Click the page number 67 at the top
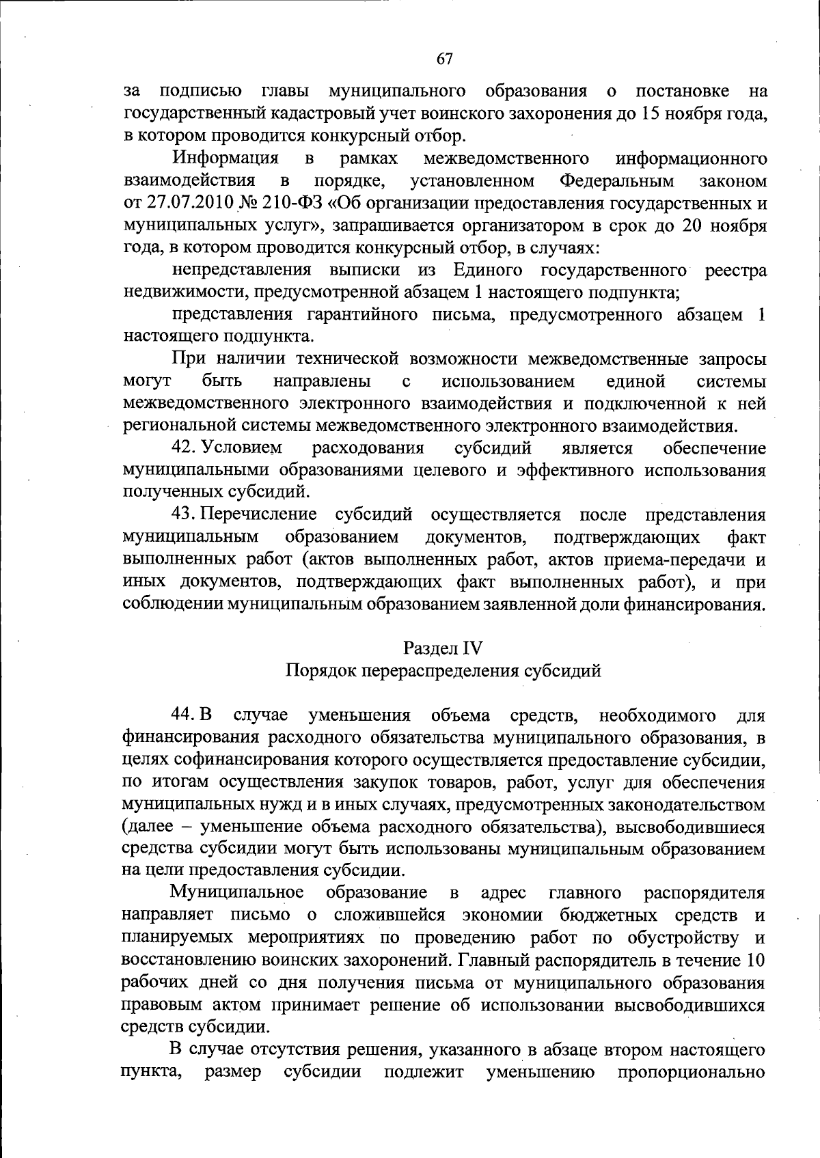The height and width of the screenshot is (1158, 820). [x=444, y=59]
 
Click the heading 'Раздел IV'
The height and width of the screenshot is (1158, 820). [x=443, y=648]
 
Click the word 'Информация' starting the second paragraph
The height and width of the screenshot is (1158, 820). [x=226, y=159]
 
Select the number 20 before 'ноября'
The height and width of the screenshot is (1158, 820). [x=694, y=225]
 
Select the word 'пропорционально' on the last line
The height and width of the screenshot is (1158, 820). [x=692, y=1072]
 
